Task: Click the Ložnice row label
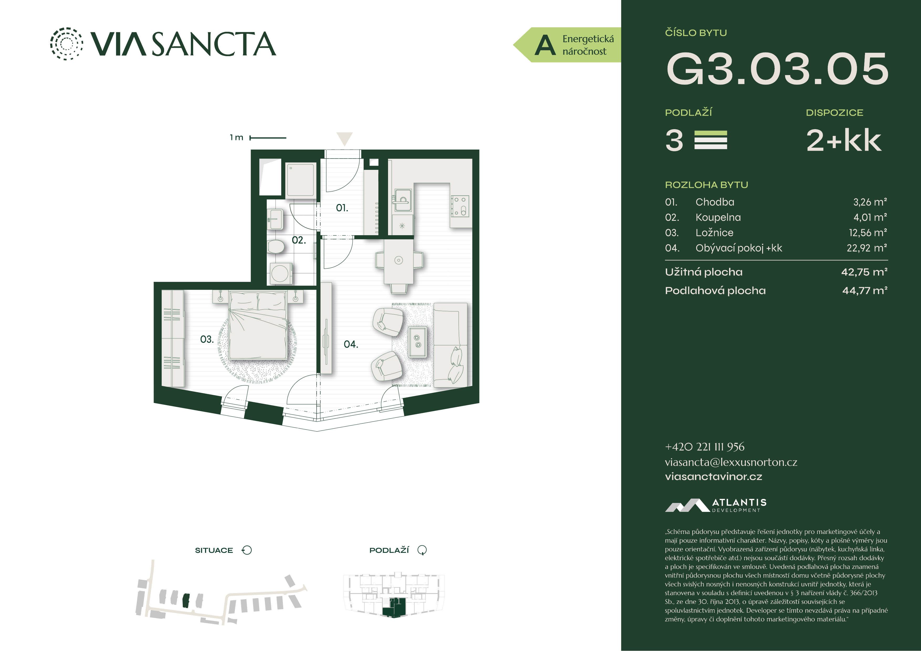(x=714, y=233)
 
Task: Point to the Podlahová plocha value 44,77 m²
(x=865, y=290)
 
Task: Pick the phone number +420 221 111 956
(x=704, y=447)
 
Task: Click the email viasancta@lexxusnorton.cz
(x=731, y=462)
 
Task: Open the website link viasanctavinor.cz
(x=713, y=476)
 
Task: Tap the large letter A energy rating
(x=545, y=45)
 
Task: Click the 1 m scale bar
(x=268, y=138)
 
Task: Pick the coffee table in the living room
(x=417, y=341)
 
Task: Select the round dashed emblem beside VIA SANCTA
(x=66, y=44)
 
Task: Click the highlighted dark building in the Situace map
(x=186, y=600)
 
